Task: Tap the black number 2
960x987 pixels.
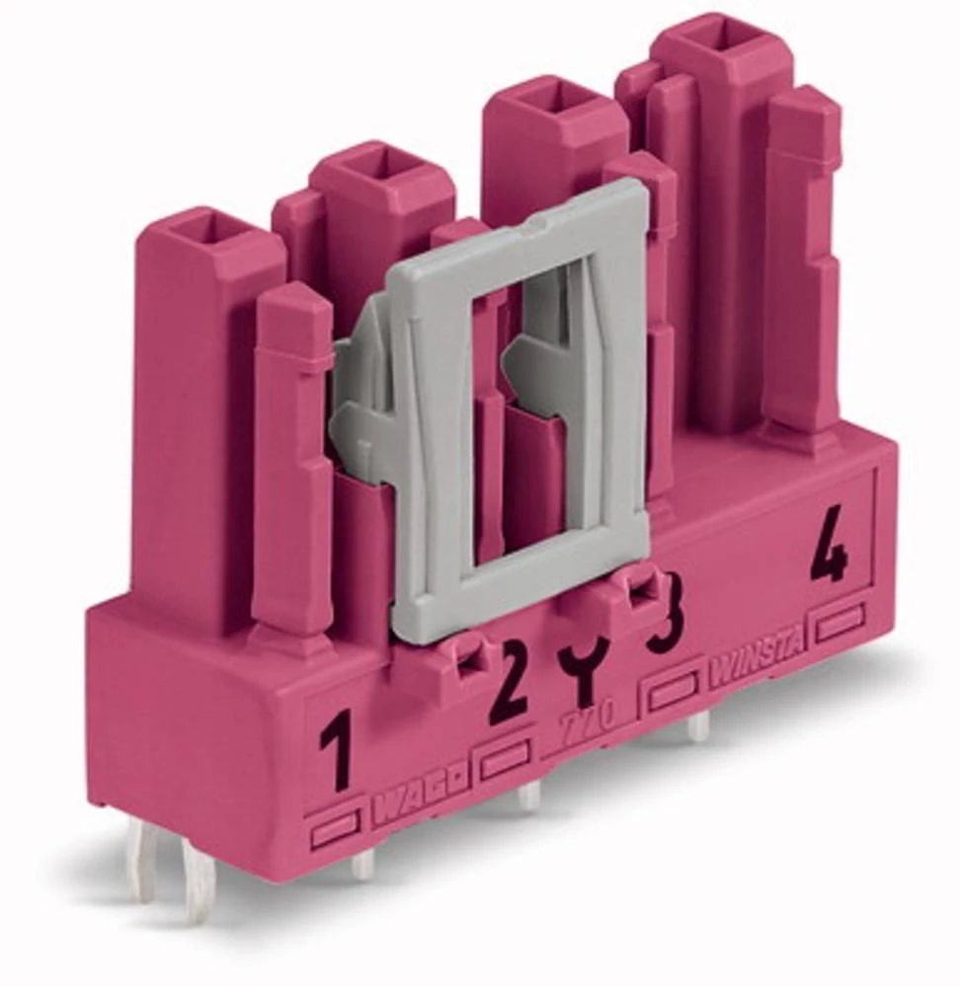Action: coord(509,682)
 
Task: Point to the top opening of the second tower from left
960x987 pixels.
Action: coord(381,162)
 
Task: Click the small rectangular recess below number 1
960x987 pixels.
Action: coord(334,832)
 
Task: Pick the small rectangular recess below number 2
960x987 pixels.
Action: coord(505,760)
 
